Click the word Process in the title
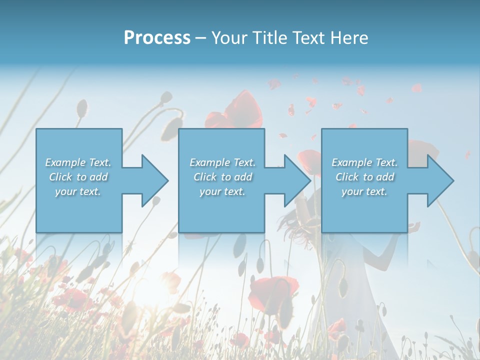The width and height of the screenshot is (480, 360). pyautogui.click(x=157, y=37)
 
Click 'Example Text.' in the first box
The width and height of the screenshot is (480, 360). pyautogui.click(x=78, y=162)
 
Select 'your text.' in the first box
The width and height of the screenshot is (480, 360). pyautogui.click(x=78, y=191)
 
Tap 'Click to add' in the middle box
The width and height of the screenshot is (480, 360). pyautogui.click(x=222, y=177)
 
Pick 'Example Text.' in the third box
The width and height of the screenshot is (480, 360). pyautogui.click(x=364, y=162)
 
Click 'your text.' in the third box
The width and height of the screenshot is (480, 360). pyautogui.click(x=364, y=191)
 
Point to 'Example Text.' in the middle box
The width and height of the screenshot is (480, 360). pyautogui.click(x=222, y=162)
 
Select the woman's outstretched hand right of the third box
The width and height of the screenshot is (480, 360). pyautogui.click(x=414, y=228)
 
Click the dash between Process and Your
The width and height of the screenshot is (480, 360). pyautogui.click(x=200, y=38)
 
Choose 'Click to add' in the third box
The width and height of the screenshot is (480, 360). pyautogui.click(x=364, y=177)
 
